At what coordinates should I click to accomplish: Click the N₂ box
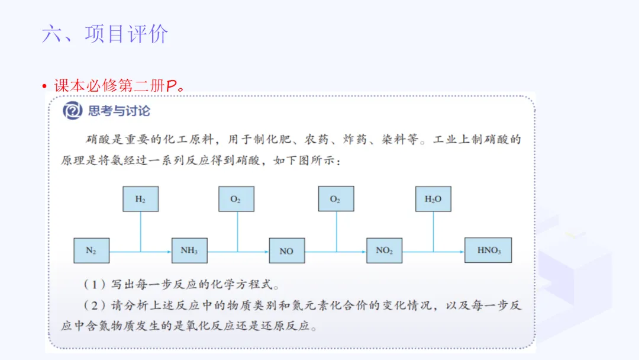click(91, 250)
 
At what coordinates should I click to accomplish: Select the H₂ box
click(140, 199)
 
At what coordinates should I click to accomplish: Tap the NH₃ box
click(189, 250)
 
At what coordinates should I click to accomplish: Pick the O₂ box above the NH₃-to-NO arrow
click(236, 199)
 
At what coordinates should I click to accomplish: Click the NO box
click(286, 250)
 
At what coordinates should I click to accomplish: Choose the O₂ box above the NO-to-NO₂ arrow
click(335, 199)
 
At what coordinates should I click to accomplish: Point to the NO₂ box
click(384, 250)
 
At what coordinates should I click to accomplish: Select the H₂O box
click(433, 199)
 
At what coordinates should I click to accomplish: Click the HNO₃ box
click(488, 250)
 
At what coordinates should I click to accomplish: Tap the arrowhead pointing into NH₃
click(169, 251)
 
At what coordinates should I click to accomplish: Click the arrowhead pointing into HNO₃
click(461, 251)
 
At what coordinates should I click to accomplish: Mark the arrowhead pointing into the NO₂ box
click(363, 251)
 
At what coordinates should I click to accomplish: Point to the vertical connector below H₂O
click(433, 231)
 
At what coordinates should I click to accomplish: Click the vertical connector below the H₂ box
click(140, 231)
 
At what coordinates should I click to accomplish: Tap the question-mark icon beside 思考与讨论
click(73, 111)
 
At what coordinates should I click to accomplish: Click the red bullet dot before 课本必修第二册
click(44, 86)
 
